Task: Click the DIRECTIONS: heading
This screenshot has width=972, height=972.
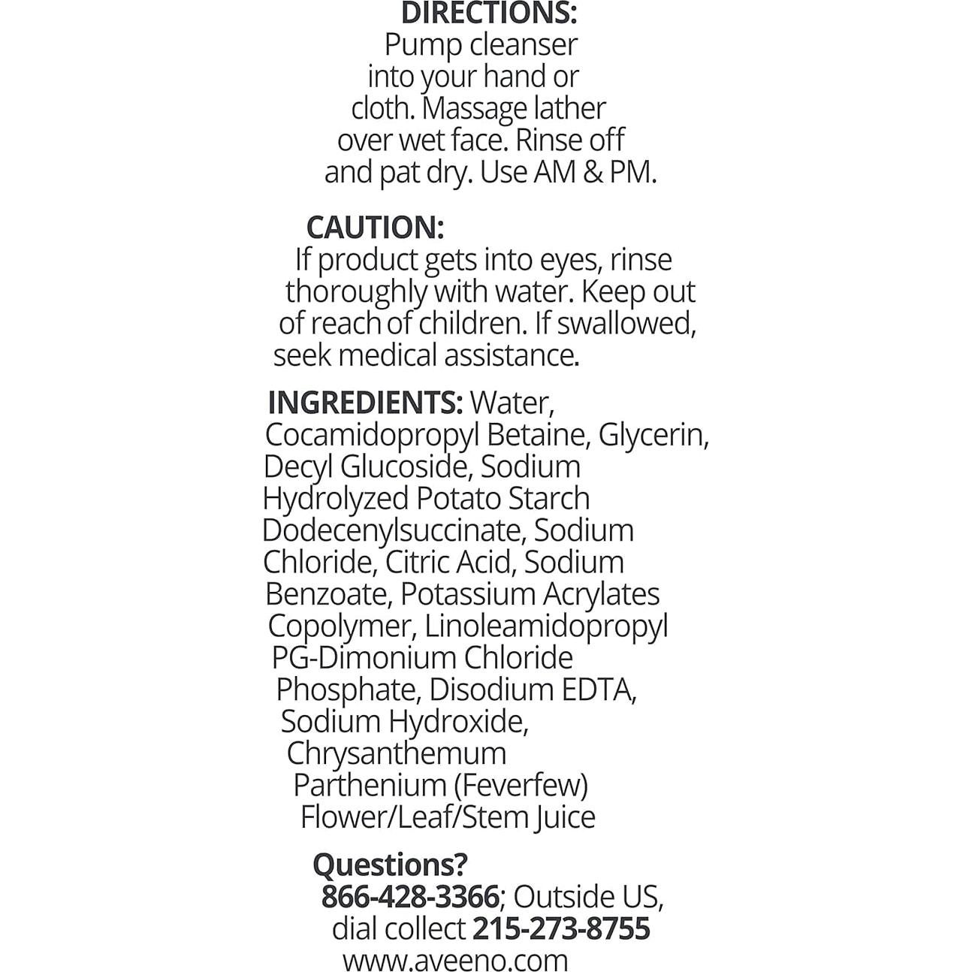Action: [x=488, y=13]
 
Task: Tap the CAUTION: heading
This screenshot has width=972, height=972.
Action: [x=375, y=227]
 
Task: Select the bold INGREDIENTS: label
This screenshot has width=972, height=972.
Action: [x=365, y=403]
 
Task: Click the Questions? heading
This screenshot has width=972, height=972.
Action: [x=390, y=865]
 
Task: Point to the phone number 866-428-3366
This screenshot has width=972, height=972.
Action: [x=410, y=897]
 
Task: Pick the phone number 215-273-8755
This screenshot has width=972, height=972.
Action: [x=561, y=928]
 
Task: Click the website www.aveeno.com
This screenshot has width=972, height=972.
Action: [x=455, y=960]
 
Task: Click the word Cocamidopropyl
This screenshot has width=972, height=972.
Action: [x=372, y=436]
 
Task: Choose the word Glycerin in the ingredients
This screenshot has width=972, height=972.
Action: [x=653, y=436]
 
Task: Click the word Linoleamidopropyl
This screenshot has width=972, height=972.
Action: [x=546, y=626]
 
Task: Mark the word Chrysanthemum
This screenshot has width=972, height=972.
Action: [x=397, y=753]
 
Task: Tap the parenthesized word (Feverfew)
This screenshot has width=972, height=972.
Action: [x=521, y=785]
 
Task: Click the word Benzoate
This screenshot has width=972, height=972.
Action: [x=328, y=594]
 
